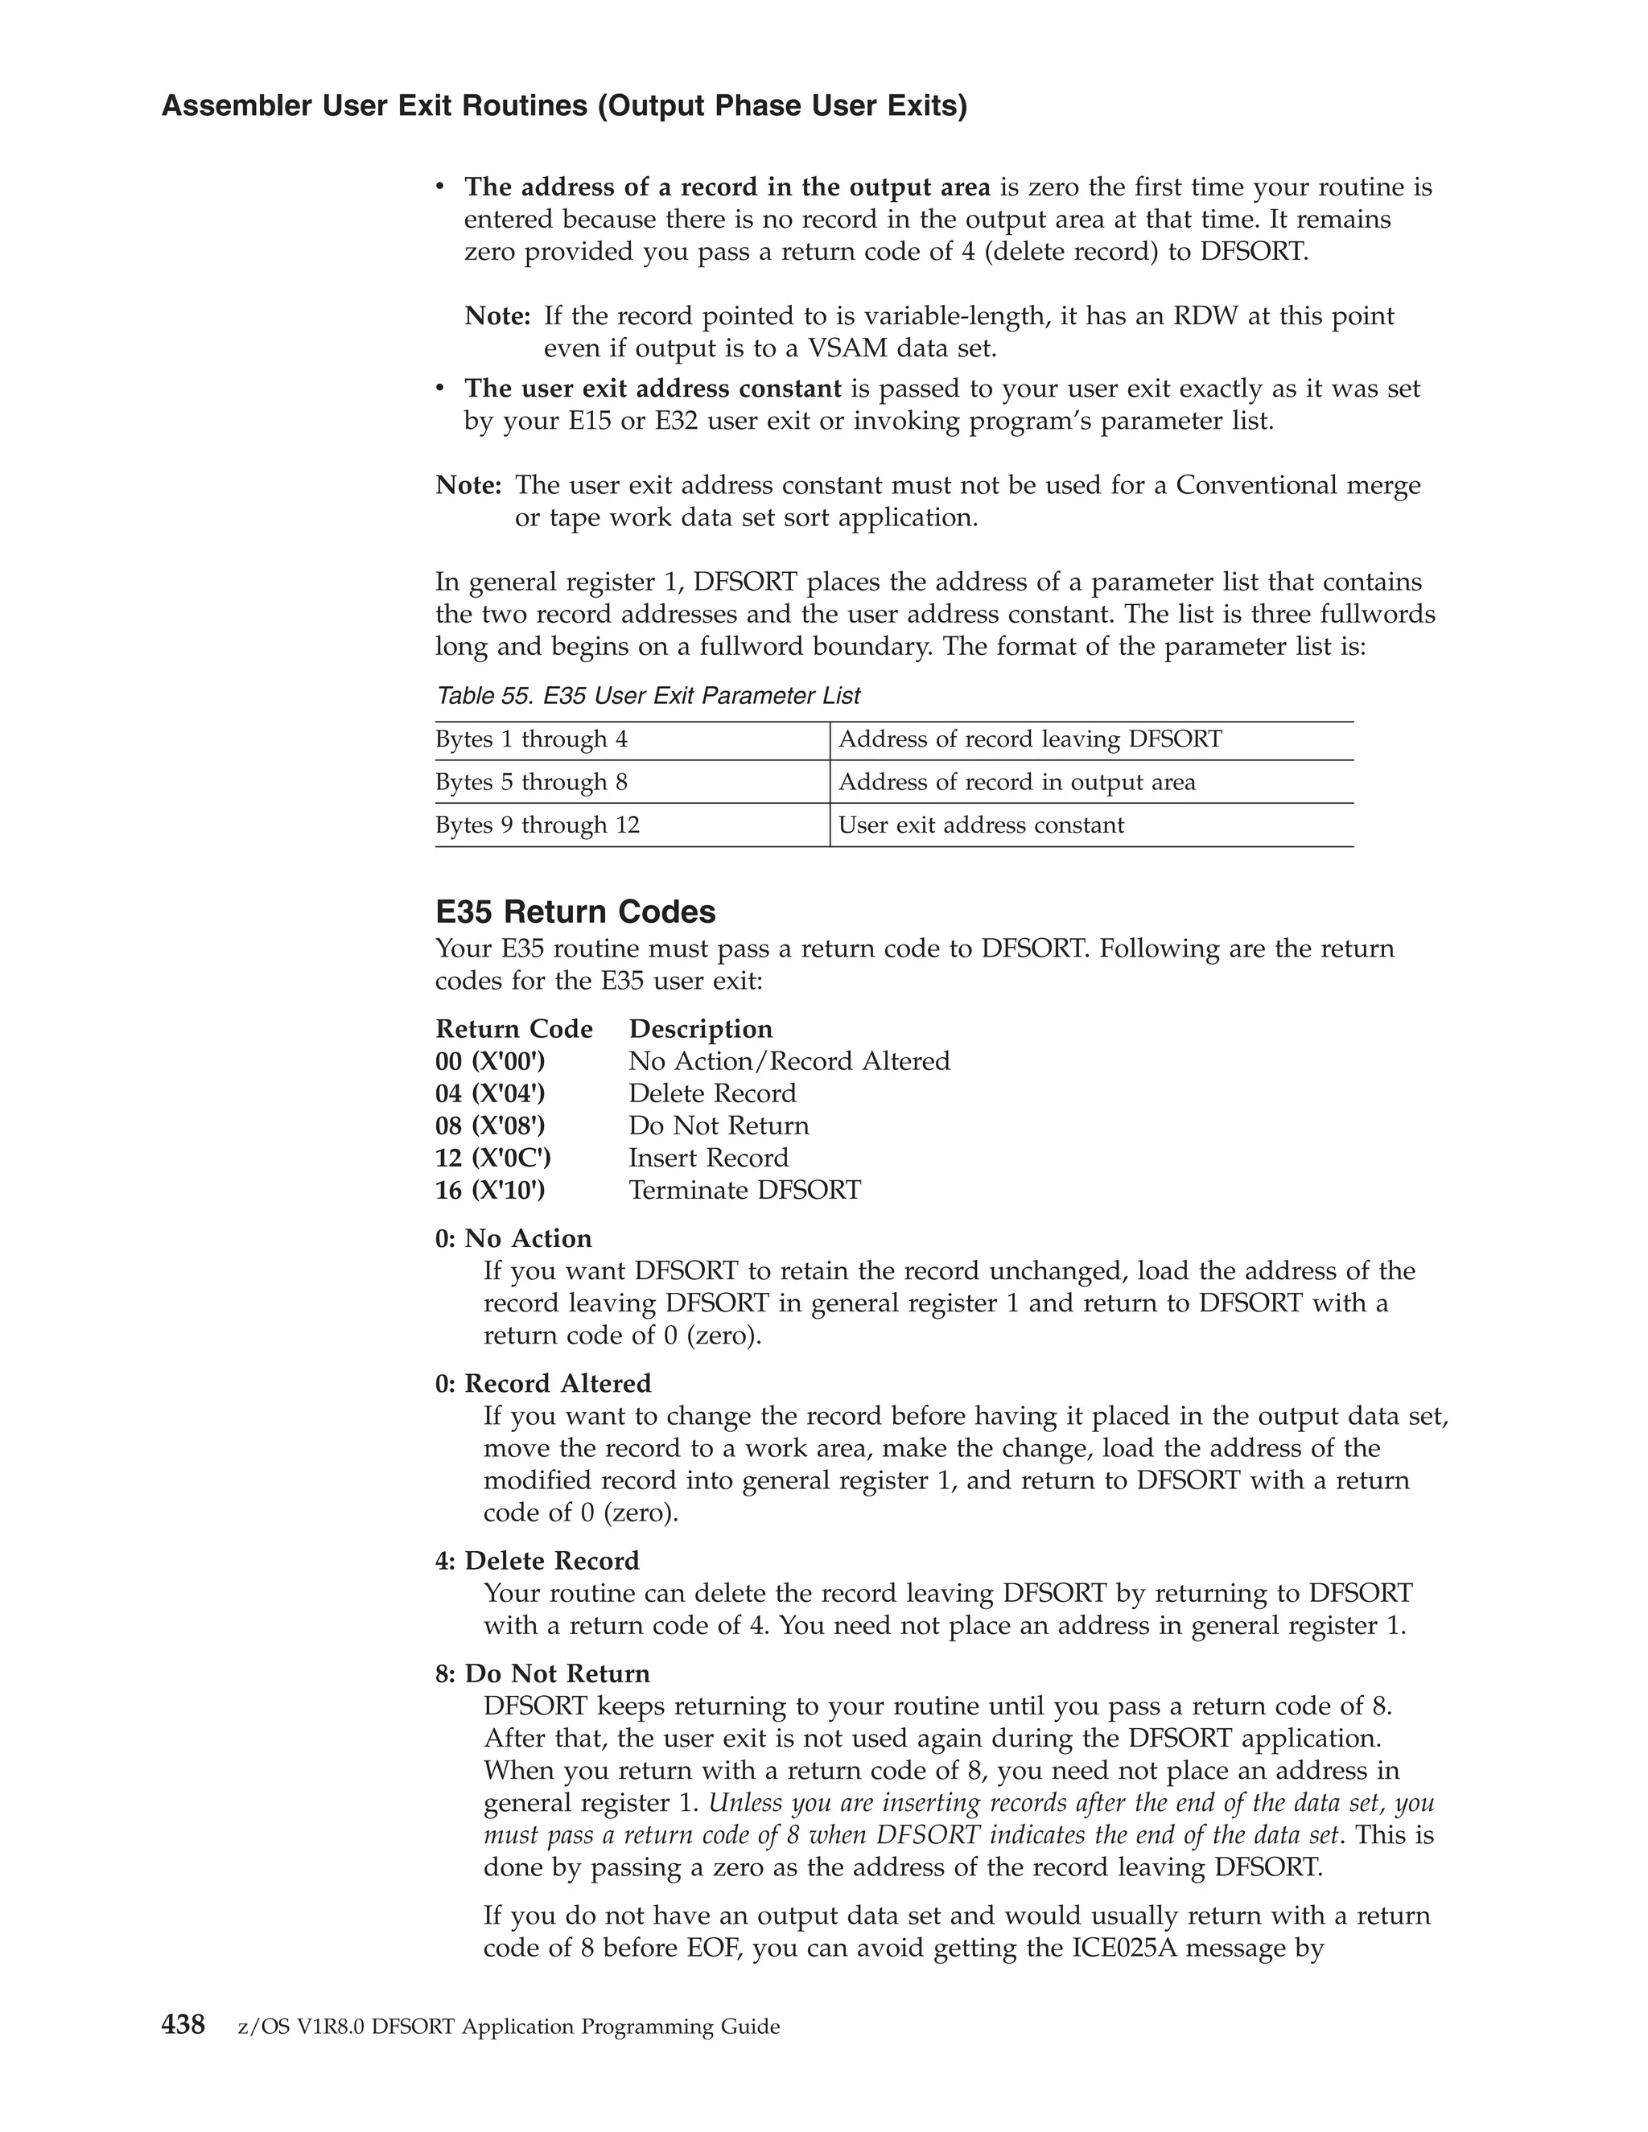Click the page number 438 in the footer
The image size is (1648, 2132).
(183, 2025)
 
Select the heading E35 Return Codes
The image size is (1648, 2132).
(575, 912)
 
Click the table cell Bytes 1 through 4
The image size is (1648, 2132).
(531, 740)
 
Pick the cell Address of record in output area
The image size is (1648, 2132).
(1016, 783)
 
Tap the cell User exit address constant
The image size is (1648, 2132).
(980, 826)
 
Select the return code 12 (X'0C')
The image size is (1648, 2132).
(493, 1158)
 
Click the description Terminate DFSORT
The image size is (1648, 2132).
(744, 1190)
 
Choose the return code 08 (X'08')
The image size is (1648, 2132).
(490, 1126)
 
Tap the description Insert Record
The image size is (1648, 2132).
(708, 1158)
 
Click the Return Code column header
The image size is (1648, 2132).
(513, 1029)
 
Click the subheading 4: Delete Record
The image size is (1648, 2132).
(537, 1561)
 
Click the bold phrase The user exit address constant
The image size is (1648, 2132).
(652, 389)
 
